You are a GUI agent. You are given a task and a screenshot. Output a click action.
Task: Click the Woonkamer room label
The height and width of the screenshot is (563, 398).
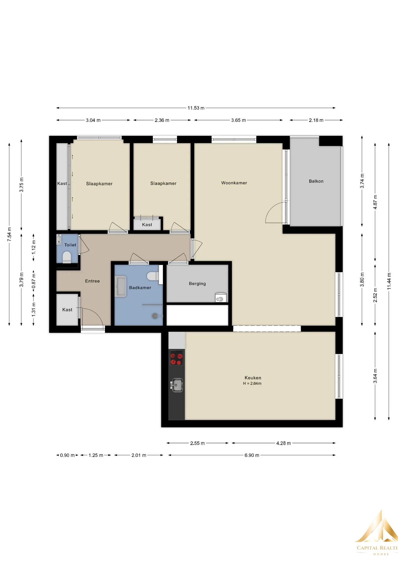(234, 183)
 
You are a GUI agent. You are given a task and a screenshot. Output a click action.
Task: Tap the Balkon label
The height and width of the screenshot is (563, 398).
(316, 181)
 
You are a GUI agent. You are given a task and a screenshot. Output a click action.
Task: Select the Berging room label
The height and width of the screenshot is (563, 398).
(197, 284)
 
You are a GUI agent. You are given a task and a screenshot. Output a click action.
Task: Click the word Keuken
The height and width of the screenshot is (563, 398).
(253, 378)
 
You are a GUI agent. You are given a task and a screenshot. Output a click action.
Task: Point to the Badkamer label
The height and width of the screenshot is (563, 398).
(140, 288)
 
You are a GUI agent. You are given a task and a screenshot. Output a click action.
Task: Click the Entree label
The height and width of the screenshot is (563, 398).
(92, 281)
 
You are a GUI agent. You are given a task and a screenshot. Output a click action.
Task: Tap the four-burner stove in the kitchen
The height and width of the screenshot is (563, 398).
(176, 358)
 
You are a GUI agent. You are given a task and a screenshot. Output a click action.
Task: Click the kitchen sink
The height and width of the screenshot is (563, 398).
(177, 385)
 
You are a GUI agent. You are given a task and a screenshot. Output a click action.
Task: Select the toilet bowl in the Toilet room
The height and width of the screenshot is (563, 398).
(67, 257)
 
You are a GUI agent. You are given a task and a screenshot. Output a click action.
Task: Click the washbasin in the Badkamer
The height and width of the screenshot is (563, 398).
(120, 286)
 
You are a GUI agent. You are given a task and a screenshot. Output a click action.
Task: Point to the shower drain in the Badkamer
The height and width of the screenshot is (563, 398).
(155, 316)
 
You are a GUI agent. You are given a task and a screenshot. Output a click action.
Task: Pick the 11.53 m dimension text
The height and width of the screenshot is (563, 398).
(196, 108)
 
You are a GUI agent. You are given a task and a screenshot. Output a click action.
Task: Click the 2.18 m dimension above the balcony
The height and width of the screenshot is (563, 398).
(316, 120)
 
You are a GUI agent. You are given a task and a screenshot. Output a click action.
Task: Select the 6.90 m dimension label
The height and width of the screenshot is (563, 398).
(252, 455)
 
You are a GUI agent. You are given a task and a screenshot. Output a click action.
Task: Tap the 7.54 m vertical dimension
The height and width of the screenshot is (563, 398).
(9, 234)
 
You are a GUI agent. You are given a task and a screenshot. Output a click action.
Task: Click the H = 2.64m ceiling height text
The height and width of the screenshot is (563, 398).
(252, 383)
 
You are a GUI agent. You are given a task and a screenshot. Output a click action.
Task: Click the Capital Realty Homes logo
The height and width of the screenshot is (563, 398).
(376, 532)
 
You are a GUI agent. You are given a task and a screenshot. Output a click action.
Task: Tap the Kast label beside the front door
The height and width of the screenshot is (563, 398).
(67, 310)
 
